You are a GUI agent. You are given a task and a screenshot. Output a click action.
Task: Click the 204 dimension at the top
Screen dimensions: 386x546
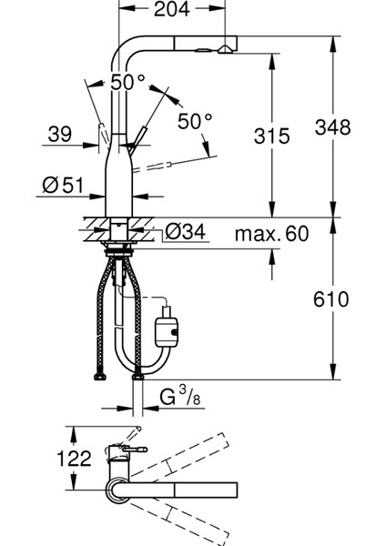[172, 9]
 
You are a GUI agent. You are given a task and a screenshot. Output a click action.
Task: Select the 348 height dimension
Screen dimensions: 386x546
[332, 127]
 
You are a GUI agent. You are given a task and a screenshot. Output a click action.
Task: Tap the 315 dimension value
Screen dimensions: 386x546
[271, 136]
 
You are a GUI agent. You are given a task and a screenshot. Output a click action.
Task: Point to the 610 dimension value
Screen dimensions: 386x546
[330, 299]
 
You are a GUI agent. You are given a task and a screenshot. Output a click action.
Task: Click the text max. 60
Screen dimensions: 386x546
[271, 234]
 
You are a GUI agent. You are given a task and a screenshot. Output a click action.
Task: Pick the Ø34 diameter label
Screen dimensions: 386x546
[186, 231]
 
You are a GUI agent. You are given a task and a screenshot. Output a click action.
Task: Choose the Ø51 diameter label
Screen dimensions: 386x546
[63, 185]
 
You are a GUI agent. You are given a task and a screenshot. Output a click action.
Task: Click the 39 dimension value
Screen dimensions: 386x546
[60, 134]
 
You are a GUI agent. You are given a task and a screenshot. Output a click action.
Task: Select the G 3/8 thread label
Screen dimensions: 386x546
[180, 397]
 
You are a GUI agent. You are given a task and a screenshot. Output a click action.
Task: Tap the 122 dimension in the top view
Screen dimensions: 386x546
[74, 459]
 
